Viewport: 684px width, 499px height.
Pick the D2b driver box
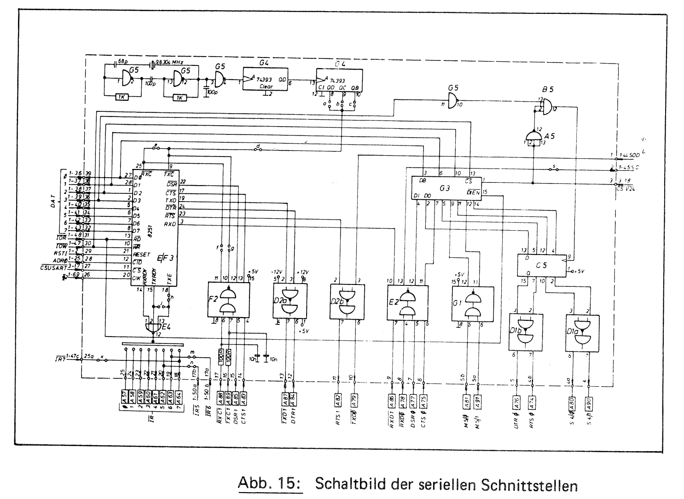[x=348, y=302]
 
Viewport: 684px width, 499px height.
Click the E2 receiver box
[x=407, y=302]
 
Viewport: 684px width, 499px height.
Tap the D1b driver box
[x=525, y=332]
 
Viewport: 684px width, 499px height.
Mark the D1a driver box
[x=582, y=333]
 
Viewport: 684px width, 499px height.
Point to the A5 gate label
[x=550, y=137]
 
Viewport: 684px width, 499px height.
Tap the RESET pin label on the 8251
[x=141, y=254]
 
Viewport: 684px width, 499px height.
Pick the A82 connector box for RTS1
[x=339, y=399]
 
